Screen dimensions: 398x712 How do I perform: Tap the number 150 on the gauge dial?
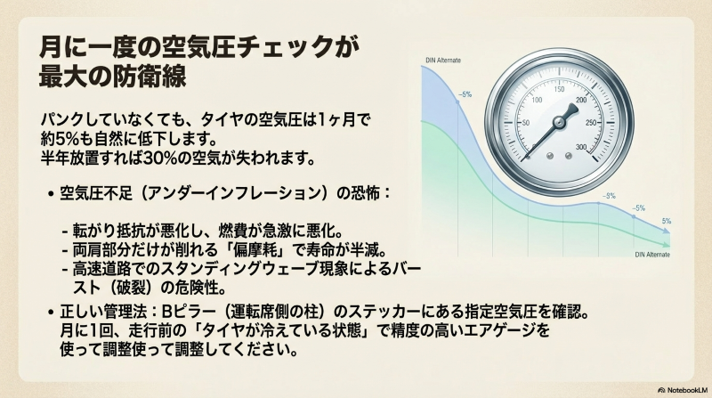coord(560,89)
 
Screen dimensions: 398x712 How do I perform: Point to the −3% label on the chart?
coord(609,196)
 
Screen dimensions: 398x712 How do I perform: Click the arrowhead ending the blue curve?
coord(666,233)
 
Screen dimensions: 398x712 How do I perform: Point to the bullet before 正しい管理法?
coord(47,313)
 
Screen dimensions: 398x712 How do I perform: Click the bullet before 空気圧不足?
coord(47,193)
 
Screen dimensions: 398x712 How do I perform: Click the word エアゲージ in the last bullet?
coord(506,330)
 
